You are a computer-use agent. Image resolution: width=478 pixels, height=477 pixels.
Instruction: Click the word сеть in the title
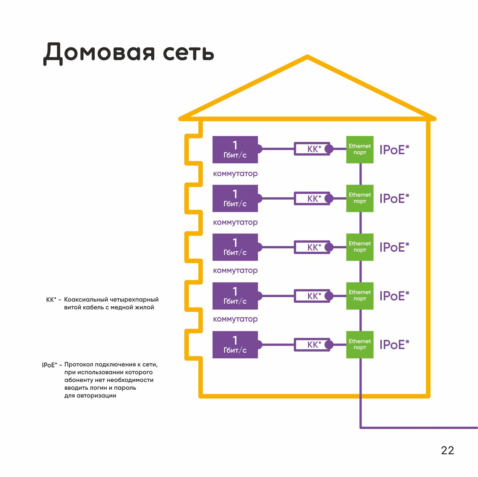coord(189,53)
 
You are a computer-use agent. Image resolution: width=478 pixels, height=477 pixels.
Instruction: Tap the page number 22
coord(447,450)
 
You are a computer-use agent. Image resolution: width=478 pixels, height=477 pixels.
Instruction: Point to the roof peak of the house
coord(307,57)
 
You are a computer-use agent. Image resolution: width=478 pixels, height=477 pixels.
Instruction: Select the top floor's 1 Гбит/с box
coord(235,150)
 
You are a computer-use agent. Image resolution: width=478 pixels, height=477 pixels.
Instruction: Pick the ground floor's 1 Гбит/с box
coord(235,345)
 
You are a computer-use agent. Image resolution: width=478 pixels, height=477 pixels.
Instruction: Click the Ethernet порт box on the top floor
coord(360,150)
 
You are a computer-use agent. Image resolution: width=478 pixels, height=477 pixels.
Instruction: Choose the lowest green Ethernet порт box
coord(360,345)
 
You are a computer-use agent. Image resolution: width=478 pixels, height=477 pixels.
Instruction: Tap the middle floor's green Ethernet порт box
coord(360,247)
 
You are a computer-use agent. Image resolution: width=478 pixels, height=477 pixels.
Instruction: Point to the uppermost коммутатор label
coord(235,174)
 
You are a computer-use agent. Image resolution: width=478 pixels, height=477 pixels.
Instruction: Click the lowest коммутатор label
coord(235,319)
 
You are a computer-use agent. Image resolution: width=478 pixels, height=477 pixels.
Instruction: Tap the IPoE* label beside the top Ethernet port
coord(394,150)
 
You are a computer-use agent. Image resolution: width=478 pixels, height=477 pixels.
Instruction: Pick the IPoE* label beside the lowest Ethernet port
coord(394,345)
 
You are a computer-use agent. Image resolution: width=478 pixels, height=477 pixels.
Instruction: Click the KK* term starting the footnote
coord(51,300)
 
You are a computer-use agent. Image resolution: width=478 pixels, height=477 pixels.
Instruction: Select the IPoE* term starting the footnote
coord(49,365)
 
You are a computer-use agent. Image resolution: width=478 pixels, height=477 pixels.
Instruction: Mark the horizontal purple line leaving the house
coord(418,428)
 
